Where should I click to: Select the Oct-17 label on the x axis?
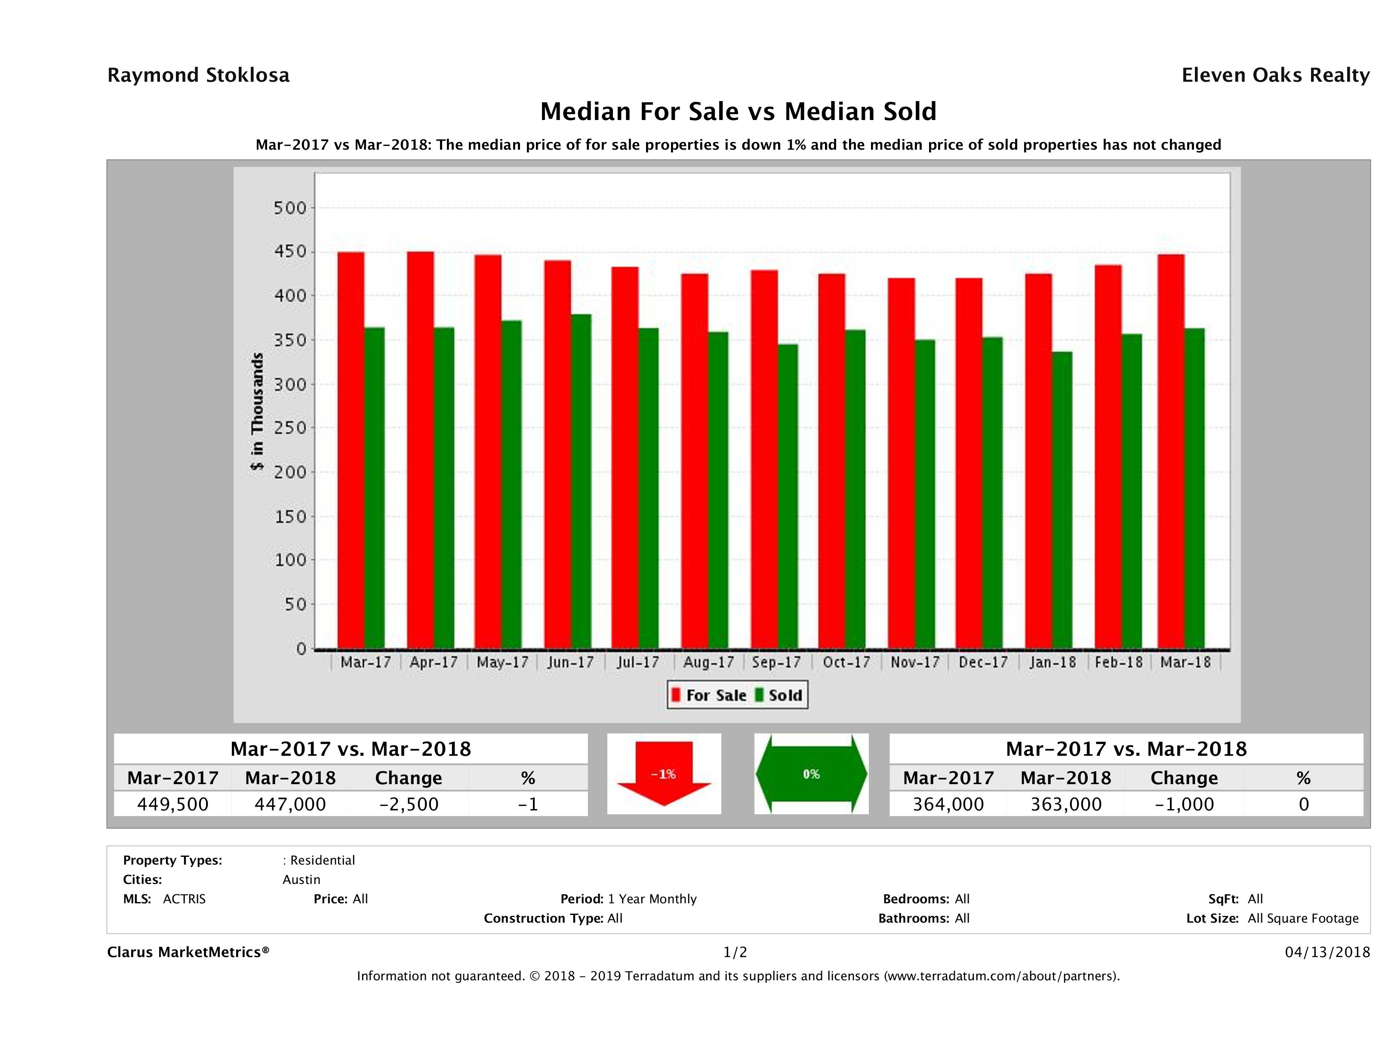point(846,662)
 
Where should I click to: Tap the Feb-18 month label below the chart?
point(1118,662)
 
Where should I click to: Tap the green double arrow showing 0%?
point(811,774)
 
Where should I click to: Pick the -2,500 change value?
point(409,804)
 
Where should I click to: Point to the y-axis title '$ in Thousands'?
point(257,411)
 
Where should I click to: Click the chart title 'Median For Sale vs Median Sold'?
point(738,112)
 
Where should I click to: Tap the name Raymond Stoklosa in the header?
point(198,75)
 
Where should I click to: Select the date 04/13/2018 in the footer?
point(1327,952)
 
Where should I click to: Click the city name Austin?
point(301,879)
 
